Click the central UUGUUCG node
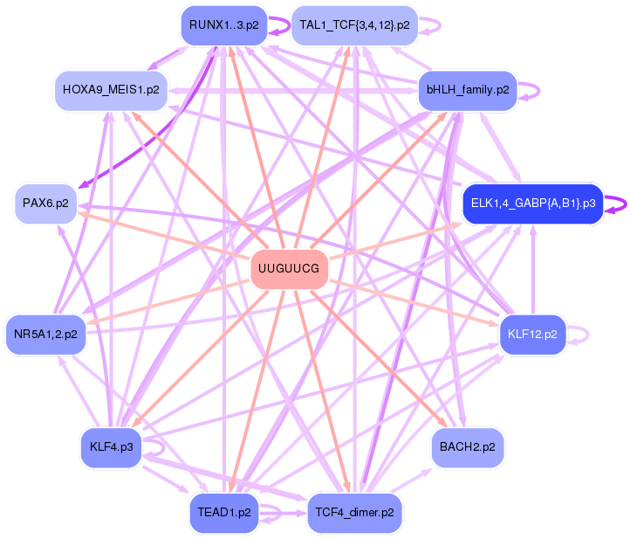coord(290,269)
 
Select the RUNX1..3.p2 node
coord(223,24)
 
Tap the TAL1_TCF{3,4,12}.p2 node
coord(354,24)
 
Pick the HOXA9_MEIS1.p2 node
coord(111,90)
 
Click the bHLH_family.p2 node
coord(468,90)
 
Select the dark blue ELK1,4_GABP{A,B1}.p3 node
coord(532,204)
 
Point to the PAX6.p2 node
coord(46,203)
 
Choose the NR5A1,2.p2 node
coord(45,334)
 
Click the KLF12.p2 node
coord(533,333)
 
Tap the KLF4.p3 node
coord(111,447)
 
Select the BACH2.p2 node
coord(467,447)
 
